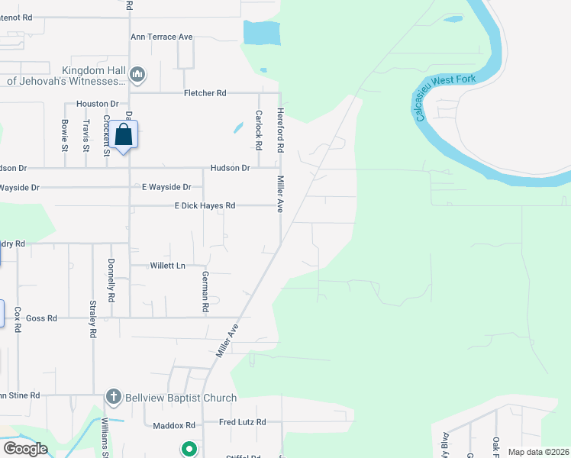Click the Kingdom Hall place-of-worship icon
click(137, 74)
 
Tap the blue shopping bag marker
click(124, 135)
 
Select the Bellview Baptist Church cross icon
click(113, 397)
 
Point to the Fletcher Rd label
click(205, 93)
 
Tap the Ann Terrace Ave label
click(162, 37)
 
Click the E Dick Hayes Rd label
click(205, 205)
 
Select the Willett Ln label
click(167, 266)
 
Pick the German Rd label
click(205, 292)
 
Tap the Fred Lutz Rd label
click(242, 421)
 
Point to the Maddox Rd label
click(174, 425)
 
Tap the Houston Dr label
click(97, 103)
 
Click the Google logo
click(25, 449)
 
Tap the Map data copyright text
click(537, 452)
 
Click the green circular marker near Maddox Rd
click(188, 449)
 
